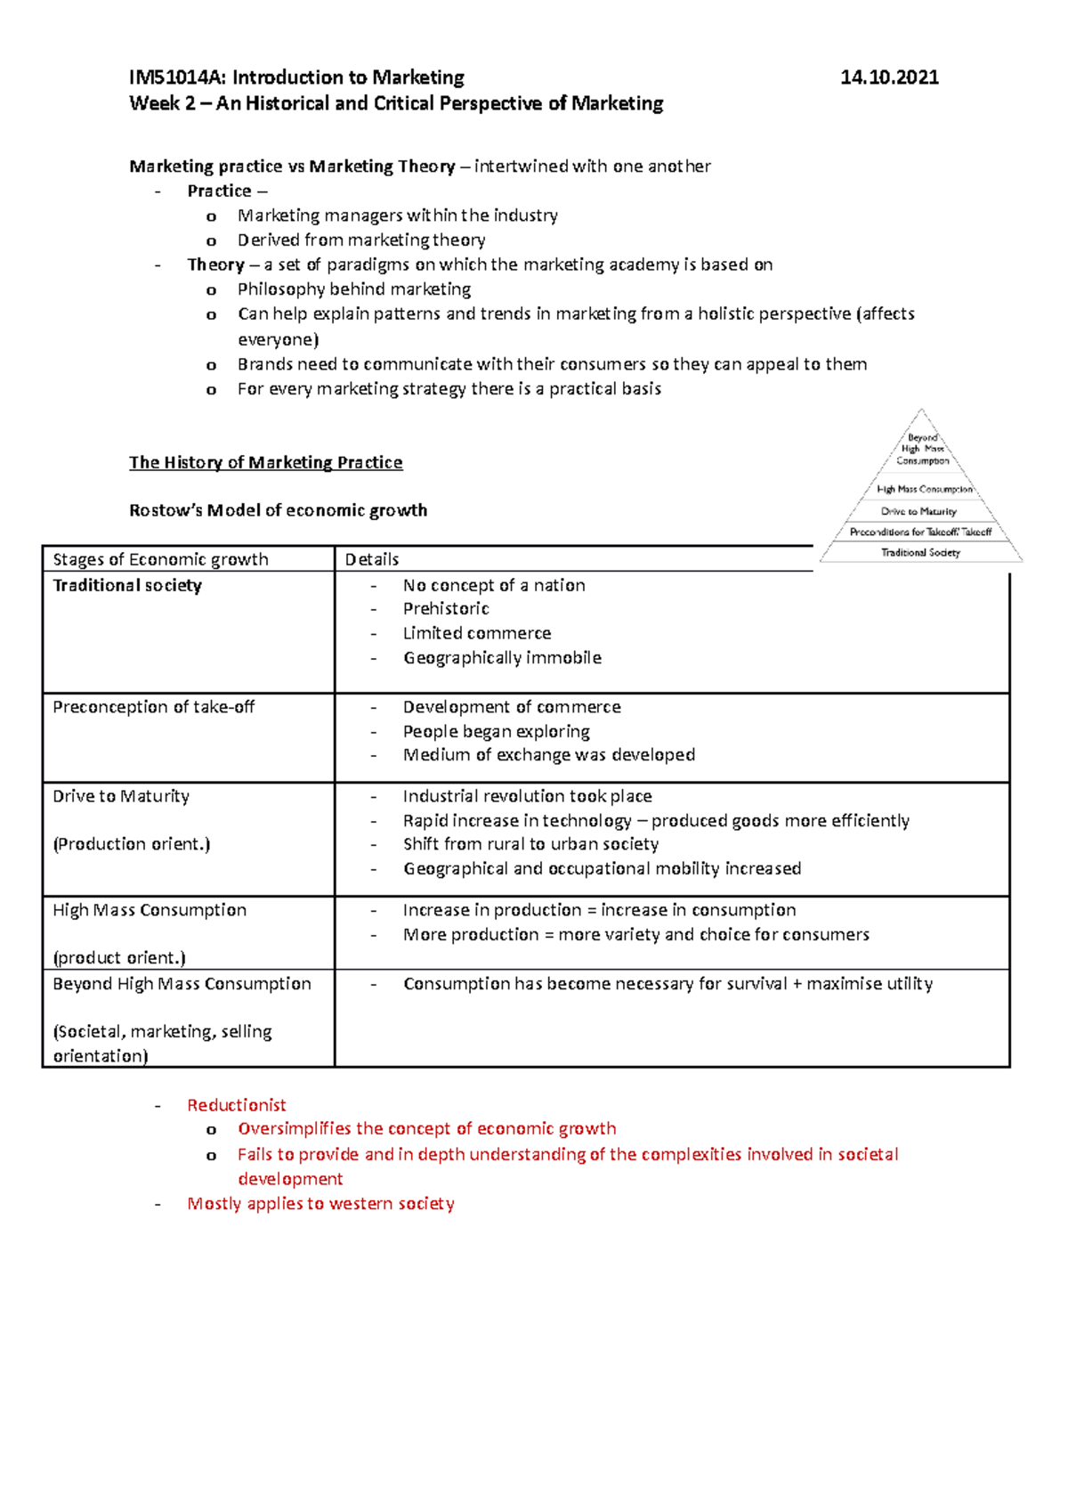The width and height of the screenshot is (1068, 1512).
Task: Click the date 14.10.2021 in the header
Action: (888, 77)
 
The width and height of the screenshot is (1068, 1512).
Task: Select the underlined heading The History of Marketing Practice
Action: (265, 462)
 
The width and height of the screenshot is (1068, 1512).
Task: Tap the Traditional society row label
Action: (127, 585)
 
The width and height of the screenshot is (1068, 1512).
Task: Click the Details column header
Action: (371, 559)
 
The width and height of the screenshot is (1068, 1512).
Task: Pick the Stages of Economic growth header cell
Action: (160, 559)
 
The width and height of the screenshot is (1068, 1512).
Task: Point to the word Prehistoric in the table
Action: (446, 609)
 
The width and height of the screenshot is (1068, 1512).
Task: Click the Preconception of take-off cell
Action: (153, 707)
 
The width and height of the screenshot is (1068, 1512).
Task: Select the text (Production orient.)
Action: (131, 844)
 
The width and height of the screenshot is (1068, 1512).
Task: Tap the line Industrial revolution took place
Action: (527, 796)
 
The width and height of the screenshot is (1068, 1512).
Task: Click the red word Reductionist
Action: (236, 1105)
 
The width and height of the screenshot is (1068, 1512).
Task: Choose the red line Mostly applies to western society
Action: (320, 1204)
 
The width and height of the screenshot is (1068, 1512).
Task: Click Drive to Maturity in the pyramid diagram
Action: (918, 511)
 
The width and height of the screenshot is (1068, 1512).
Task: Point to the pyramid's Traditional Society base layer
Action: (920, 553)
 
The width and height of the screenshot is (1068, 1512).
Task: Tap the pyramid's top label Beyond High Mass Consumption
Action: (922, 449)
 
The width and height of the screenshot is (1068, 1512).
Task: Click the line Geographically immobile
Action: (502, 658)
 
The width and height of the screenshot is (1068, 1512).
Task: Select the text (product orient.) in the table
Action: (118, 958)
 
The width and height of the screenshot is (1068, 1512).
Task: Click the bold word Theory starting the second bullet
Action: (215, 264)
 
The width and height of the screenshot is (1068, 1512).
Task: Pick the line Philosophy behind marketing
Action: (353, 289)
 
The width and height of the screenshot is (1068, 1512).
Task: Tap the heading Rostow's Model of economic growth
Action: (278, 510)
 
